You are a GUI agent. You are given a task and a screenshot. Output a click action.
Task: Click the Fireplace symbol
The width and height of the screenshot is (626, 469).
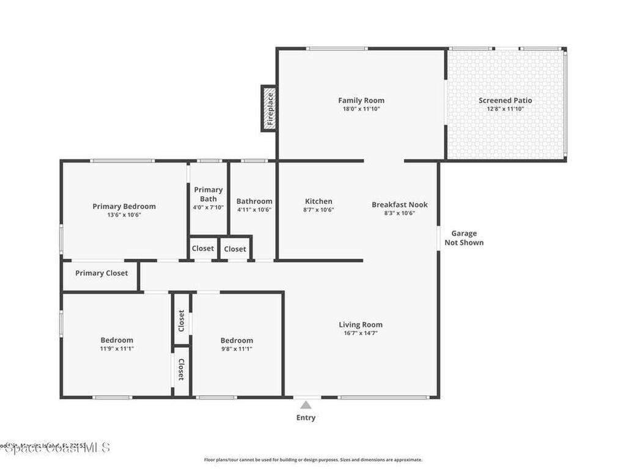click(270, 108)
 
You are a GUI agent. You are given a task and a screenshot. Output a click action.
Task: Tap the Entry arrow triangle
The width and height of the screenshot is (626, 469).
click(306, 405)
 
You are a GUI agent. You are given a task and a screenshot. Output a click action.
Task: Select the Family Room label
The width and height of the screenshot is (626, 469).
click(361, 100)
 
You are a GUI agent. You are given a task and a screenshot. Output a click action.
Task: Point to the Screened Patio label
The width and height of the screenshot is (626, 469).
click(505, 100)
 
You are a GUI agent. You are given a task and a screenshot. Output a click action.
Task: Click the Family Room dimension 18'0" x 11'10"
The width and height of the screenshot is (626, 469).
click(361, 109)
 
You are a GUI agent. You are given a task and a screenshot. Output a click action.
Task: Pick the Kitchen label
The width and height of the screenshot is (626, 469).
click(319, 201)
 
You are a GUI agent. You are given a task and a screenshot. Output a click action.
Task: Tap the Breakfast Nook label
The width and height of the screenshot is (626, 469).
click(400, 205)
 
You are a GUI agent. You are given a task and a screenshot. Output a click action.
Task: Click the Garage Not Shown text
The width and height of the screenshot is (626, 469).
click(464, 238)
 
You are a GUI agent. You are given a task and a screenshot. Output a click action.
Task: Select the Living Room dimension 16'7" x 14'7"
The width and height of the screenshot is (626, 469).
click(361, 333)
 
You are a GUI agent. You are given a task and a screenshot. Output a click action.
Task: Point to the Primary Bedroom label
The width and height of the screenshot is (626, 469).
click(124, 206)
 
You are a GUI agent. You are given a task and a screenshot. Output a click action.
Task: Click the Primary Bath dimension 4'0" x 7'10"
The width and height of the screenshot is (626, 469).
click(208, 208)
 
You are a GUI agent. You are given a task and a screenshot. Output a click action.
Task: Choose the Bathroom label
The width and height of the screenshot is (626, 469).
click(254, 201)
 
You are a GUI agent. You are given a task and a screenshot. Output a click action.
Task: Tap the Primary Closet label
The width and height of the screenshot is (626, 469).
click(101, 273)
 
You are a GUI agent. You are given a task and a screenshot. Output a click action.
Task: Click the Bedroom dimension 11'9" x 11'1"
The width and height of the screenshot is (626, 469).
click(117, 349)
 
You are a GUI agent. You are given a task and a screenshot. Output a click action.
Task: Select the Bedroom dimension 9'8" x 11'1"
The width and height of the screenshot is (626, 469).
click(237, 349)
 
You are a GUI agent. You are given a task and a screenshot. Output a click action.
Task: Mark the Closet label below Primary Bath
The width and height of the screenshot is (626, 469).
click(203, 249)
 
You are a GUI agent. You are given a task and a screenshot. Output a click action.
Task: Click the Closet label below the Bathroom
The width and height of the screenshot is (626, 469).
click(235, 249)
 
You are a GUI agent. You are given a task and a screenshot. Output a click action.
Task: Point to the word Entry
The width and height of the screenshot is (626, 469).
click(306, 418)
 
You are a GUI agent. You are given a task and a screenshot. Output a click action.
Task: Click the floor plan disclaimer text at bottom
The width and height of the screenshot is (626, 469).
click(312, 460)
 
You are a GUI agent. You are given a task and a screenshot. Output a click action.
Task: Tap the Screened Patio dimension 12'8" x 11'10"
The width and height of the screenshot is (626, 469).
click(505, 109)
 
